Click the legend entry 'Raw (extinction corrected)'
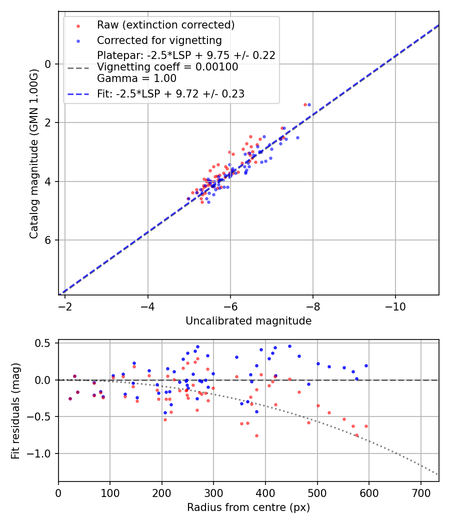pos(165,25)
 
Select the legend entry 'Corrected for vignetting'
pos(159,40)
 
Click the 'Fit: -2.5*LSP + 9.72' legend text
pos(170,93)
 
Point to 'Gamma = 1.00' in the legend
pos(136,78)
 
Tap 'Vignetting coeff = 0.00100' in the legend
pos(167,67)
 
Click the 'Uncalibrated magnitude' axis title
pos(248,321)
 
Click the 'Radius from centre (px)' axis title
pos(248,507)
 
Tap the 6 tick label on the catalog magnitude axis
pos(48,240)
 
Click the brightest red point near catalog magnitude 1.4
pos(305,104)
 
